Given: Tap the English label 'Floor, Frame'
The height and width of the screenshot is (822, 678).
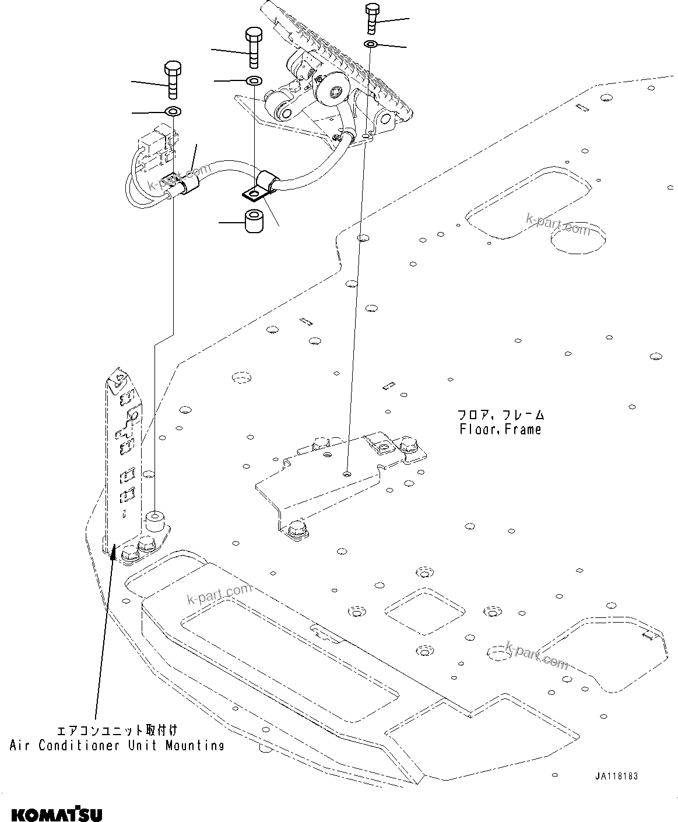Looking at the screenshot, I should coord(500,430).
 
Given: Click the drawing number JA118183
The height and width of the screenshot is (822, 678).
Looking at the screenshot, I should coord(616,777).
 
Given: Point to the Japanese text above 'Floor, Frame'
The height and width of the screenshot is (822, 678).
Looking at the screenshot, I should coord(500,415).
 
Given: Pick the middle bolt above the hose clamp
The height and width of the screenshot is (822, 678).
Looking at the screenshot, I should coord(254,47).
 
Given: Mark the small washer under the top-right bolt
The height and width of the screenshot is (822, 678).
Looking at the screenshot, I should coord(371,44).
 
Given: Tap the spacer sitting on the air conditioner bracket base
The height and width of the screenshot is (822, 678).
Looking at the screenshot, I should coord(154,519).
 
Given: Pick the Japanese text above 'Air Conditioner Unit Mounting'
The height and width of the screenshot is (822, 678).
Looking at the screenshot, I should coord(117,730).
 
